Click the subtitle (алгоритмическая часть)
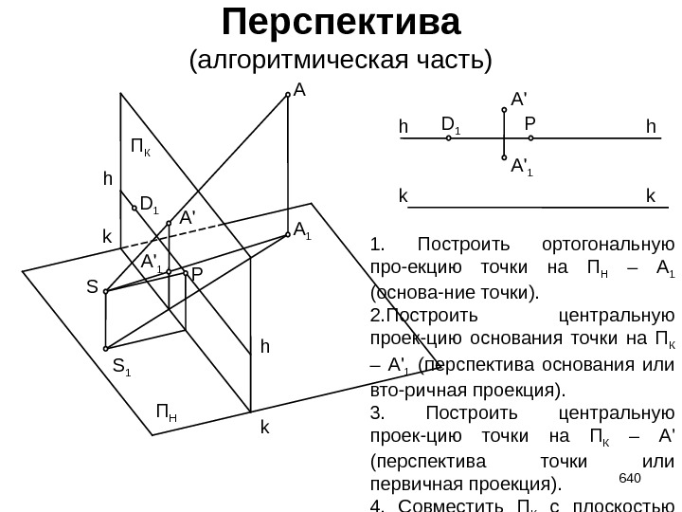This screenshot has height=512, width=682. (x=341, y=61)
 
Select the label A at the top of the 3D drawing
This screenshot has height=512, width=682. (x=299, y=91)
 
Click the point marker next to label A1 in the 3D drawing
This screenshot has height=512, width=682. (x=286, y=236)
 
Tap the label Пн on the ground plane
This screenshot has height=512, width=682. (x=167, y=413)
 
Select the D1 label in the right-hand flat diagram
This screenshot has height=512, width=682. (x=451, y=124)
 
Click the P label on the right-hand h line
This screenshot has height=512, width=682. (x=529, y=124)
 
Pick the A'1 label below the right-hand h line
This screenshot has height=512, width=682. (x=521, y=168)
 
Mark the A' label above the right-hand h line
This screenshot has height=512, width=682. (x=519, y=99)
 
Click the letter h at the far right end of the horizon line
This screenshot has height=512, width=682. (x=650, y=125)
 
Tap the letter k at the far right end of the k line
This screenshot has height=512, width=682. (x=650, y=196)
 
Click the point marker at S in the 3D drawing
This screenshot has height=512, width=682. (x=106, y=291)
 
